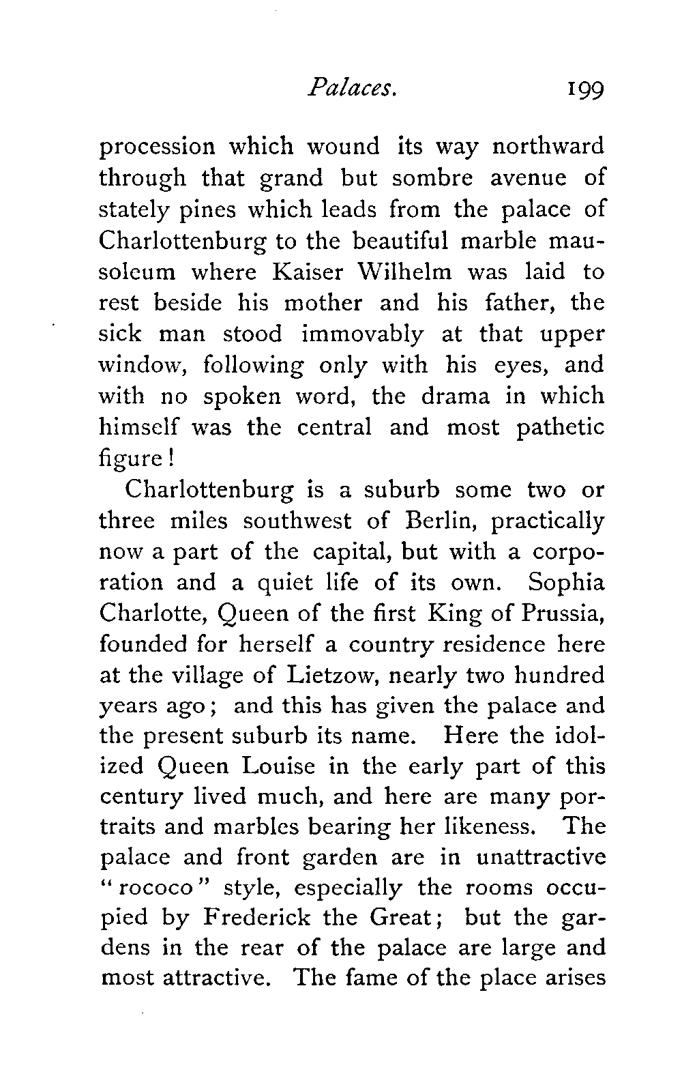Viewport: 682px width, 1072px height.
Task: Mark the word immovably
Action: click(x=362, y=334)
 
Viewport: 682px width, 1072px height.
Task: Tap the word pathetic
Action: click(x=560, y=428)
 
